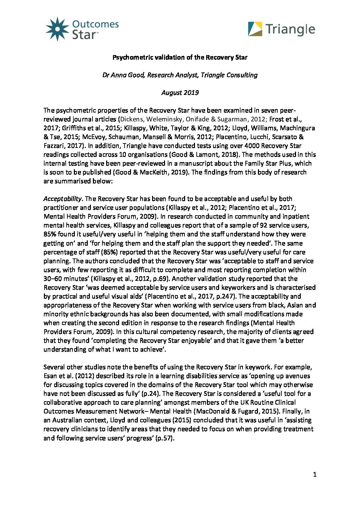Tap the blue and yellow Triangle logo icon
(x=255, y=29)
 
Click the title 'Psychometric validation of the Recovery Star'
(x=180, y=57)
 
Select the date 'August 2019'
(x=180, y=92)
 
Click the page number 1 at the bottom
(x=315, y=475)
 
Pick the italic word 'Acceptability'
(x=63, y=199)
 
